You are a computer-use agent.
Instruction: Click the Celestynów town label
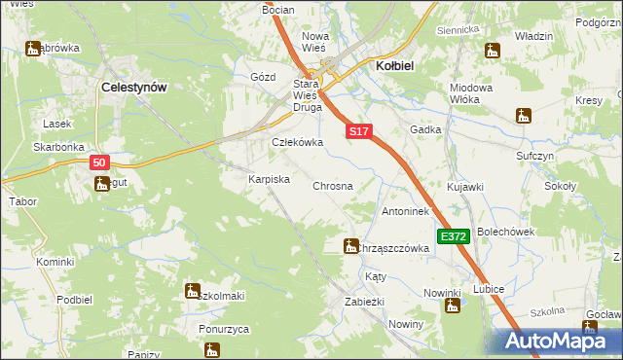[134, 87]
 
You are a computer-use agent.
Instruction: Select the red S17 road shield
[357, 130]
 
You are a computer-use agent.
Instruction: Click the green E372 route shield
[454, 236]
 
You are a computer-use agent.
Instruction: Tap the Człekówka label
[296, 142]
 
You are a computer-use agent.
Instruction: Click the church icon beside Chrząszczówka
[350, 247]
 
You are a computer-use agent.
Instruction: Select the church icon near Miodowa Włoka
[524, 115]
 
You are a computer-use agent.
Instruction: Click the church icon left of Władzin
[494, 51]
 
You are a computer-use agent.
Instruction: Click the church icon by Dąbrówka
[32, 48]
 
